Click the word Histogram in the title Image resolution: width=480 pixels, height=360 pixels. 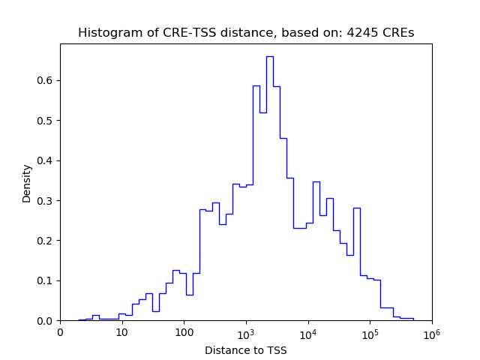click(x=104, y=33)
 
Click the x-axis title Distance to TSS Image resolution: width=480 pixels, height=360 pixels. click(x=246, y=349)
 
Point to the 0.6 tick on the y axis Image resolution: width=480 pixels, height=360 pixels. click(x=45, y=80)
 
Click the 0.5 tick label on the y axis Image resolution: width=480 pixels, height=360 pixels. click(x=45, y=121)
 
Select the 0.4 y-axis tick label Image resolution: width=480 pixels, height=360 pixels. click(x=45, y=160)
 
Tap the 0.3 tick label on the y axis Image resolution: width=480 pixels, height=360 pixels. click(x=45, y=200)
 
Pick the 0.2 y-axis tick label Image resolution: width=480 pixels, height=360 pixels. click(x=45, y=241)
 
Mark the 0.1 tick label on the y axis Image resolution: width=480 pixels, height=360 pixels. click(x=45, y=280)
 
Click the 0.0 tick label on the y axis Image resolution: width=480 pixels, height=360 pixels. click(x=45, y=321)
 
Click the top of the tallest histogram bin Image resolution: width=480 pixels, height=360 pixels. click(x=269, y=56)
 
